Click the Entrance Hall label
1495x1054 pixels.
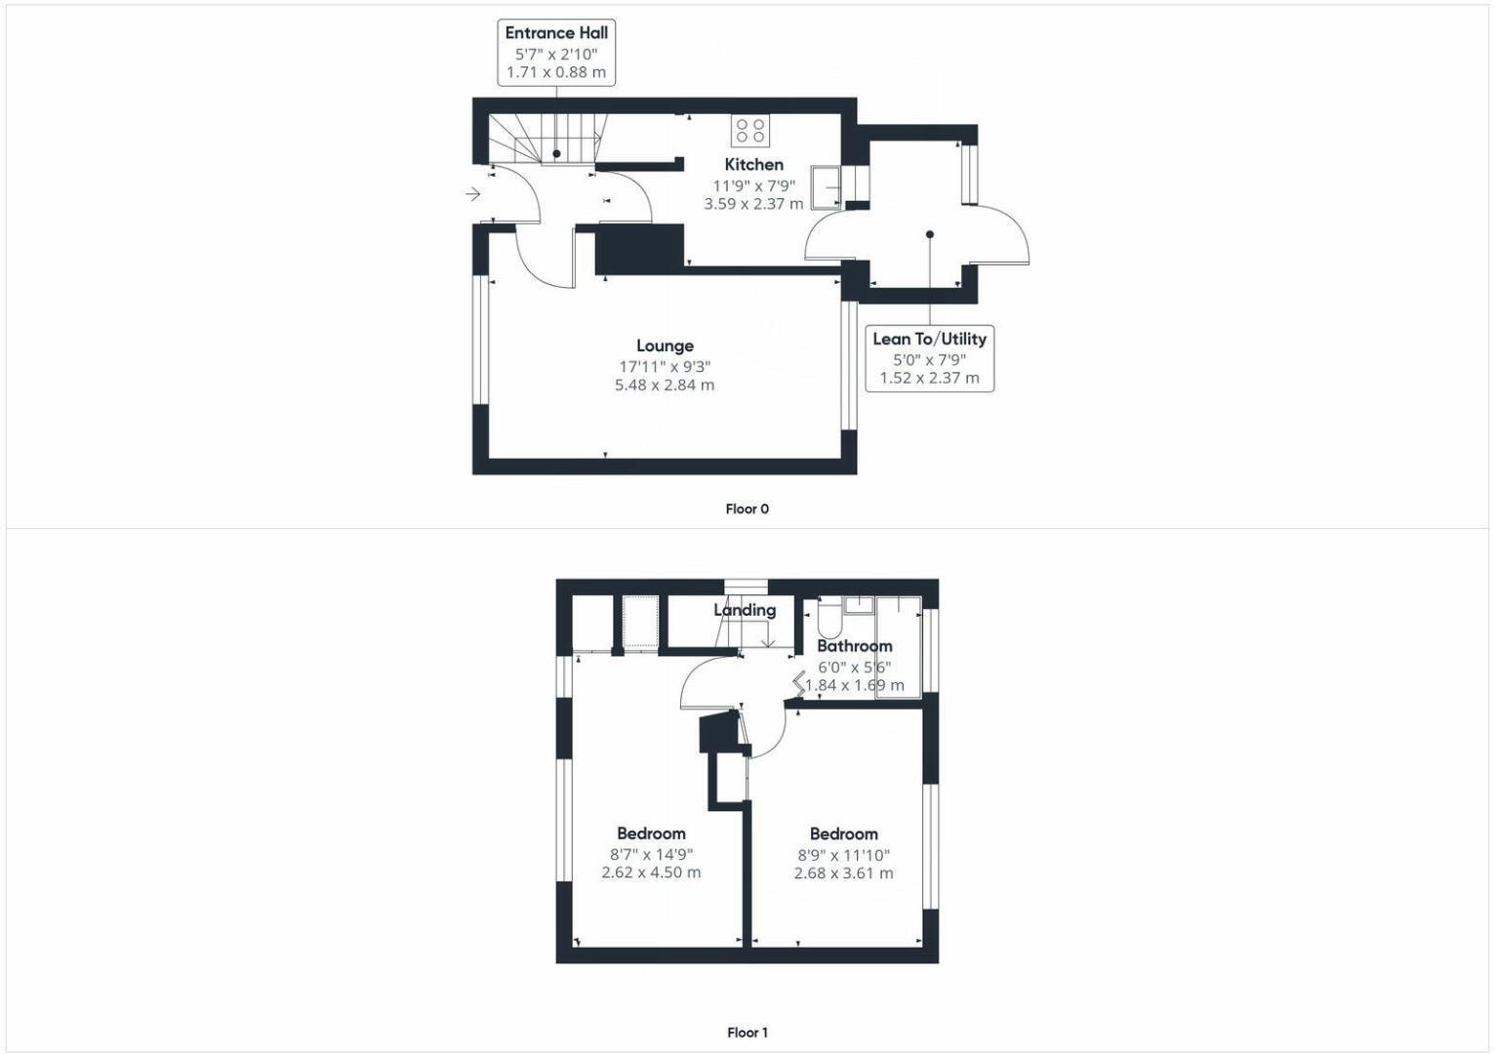coord(556,32)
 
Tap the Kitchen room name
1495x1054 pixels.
coord(753,164)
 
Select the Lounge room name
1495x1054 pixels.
coord(665,345)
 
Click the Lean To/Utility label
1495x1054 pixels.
coord(929,339)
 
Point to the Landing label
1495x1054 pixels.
coord(745,610)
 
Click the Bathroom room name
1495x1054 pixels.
coord(854,646)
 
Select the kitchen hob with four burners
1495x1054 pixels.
coord(750,131)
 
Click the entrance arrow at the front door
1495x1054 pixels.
coord(473,194)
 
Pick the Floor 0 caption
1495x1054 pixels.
coord(747,508)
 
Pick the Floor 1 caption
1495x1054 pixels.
coord(747,1033)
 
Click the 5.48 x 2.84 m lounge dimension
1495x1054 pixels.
coord(665,385)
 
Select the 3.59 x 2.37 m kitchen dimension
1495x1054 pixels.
coord(753,204)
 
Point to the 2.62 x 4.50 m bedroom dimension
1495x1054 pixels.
coord(651,872)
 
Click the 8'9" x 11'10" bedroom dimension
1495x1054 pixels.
coord(843,854)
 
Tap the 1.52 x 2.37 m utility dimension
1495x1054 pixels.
coord(929,378)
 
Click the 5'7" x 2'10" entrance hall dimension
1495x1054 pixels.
coord(556,54)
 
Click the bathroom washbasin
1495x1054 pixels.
coord(859,605)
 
